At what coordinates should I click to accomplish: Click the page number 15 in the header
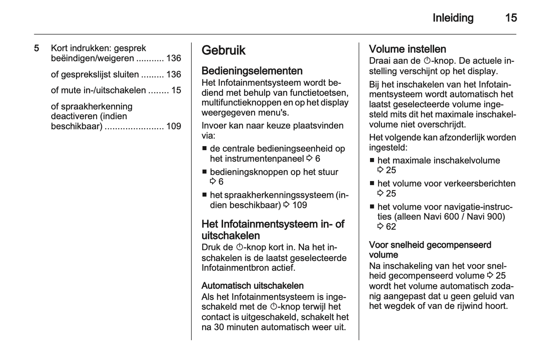pos(511,18)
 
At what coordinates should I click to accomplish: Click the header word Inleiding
pos(453,18)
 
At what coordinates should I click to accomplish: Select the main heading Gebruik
pos(223,50)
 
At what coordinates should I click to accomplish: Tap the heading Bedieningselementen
pos(252,71)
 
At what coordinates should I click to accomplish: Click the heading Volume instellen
pos(407,49)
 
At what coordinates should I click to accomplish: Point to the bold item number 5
pos(37,48)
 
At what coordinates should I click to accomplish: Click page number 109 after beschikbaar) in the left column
pos(173,126)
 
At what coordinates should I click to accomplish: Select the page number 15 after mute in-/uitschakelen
pos(176,90)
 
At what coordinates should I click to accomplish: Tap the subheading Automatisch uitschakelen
pos(253,286)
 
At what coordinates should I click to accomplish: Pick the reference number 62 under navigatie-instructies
pos(391,227)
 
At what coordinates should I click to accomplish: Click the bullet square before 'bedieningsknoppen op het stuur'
pos(204,172)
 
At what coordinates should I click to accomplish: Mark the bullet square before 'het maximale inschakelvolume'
pos(372,161)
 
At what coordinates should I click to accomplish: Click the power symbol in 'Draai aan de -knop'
pos(427,61)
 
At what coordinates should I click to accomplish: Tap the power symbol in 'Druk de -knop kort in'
pos(240,247)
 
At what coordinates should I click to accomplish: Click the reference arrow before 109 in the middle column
pos(286,205)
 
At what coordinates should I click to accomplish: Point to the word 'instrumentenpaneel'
pos(257,159)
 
